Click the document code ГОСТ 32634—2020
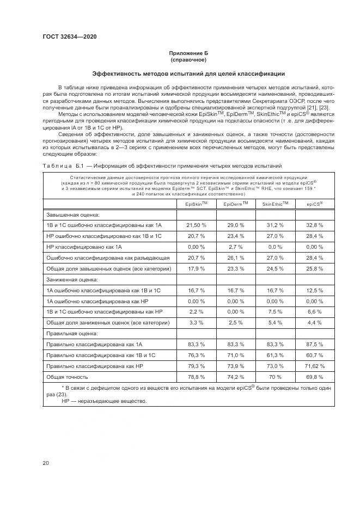coord(70,37)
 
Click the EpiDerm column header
coord(236,204)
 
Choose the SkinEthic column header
coord(275,204)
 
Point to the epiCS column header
coord(314,204)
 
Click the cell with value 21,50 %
coord(196,225)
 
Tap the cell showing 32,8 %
coord(314,225)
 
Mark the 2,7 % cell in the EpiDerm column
coord(236,247)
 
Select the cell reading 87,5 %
coord(314,344)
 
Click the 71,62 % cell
coord(314,366)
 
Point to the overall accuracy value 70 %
coord(275,376)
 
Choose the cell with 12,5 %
coord(314,290)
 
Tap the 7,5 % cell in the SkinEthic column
coord(275,311)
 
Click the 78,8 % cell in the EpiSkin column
coord(196,376)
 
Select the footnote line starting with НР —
coord(97,401)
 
